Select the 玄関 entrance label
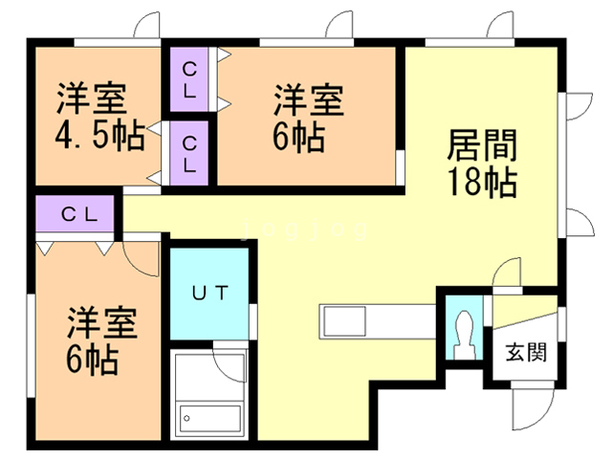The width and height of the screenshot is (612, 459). [525, 351]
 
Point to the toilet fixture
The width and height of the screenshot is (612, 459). [465, 335]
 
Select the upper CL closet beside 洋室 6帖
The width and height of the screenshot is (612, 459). [189, 82]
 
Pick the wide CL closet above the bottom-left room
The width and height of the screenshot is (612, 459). [78, 215]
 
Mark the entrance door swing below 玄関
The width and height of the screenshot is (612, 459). [530, 406]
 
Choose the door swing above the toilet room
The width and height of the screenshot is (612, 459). [507, 275]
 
